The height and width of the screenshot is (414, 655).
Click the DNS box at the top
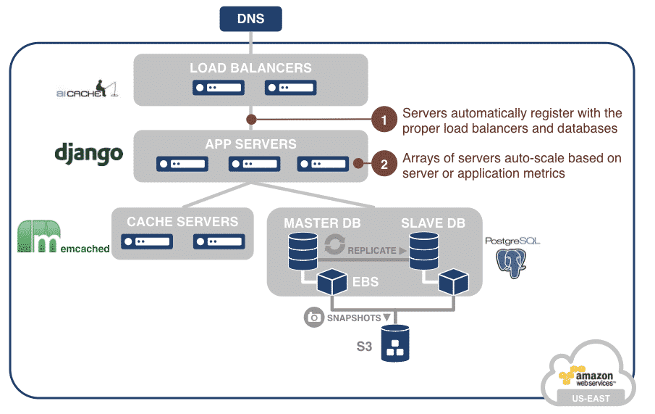click(250, 19)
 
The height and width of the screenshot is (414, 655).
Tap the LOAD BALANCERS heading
click(250, 68)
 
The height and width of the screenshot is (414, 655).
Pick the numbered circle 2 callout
click(384, 164)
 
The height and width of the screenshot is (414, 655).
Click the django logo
click(89, 153)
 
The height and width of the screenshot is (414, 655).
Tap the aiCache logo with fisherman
click(86, 90)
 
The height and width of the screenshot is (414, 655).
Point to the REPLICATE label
click(372, 250)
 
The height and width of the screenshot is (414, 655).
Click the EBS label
click(365, 281)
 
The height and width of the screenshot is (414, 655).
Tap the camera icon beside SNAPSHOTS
click(314, 318)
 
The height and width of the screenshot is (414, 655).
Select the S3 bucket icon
click(395, 344)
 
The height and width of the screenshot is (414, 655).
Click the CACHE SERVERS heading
click(182, 222)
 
